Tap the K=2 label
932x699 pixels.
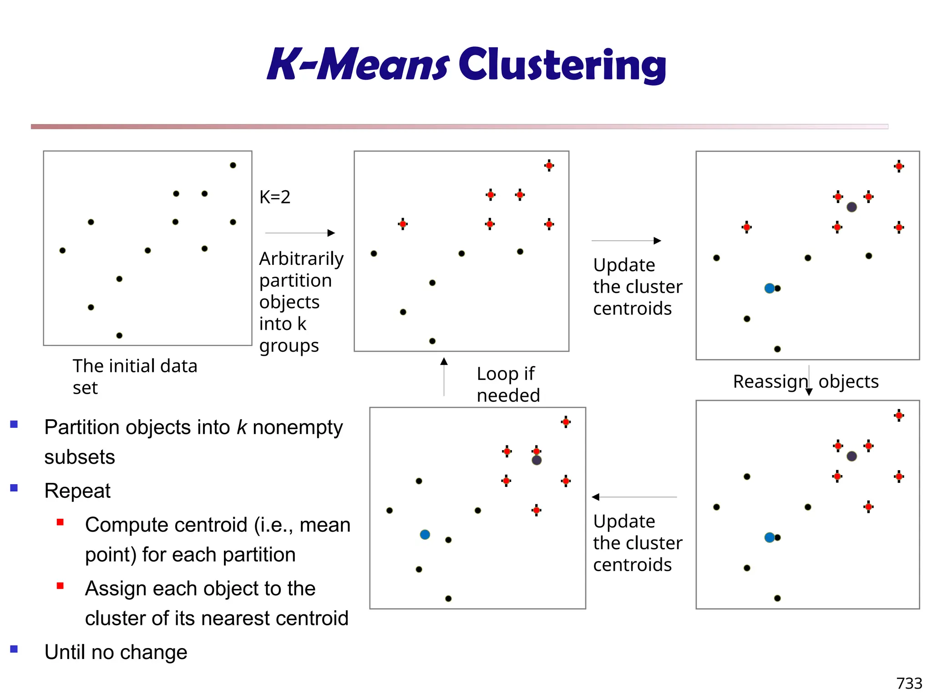tap(274, 197)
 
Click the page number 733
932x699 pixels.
tap(909, 683)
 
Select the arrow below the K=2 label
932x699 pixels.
tap(300, 233)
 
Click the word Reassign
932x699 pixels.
tap(770, 381)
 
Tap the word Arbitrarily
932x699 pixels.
tap(301, 258)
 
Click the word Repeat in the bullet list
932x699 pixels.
tap(77, 491)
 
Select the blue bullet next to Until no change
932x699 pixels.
tap(14, 649)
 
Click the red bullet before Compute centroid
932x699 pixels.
tap(60, 522)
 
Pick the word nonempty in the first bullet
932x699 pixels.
tap(298, 427)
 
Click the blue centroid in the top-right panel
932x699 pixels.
tap(770, 288)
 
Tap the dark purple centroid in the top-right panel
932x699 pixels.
tap(852, 207)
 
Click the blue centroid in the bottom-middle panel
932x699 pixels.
tap(425, 534)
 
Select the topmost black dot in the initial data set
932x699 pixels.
tap(233, 165)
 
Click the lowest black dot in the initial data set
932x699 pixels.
tap(119, 335)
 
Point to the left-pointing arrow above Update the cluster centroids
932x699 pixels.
tap(634, 497)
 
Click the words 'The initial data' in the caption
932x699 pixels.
tap(135, 366)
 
